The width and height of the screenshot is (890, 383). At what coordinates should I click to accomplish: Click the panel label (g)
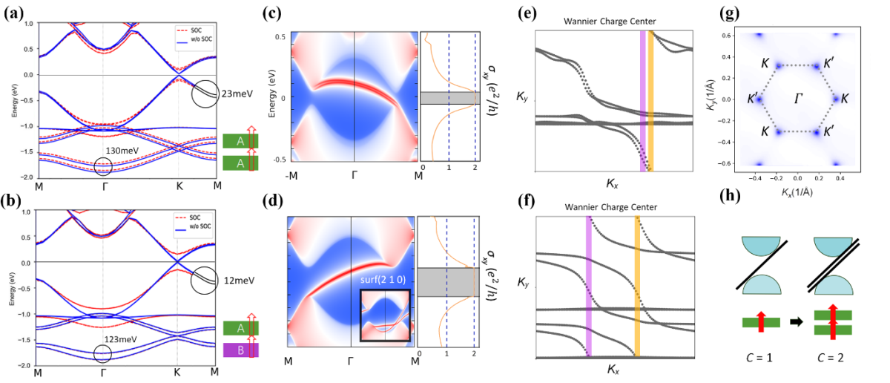730,13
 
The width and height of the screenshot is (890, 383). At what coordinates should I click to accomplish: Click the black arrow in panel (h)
796,323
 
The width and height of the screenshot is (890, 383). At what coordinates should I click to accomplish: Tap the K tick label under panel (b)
178,371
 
